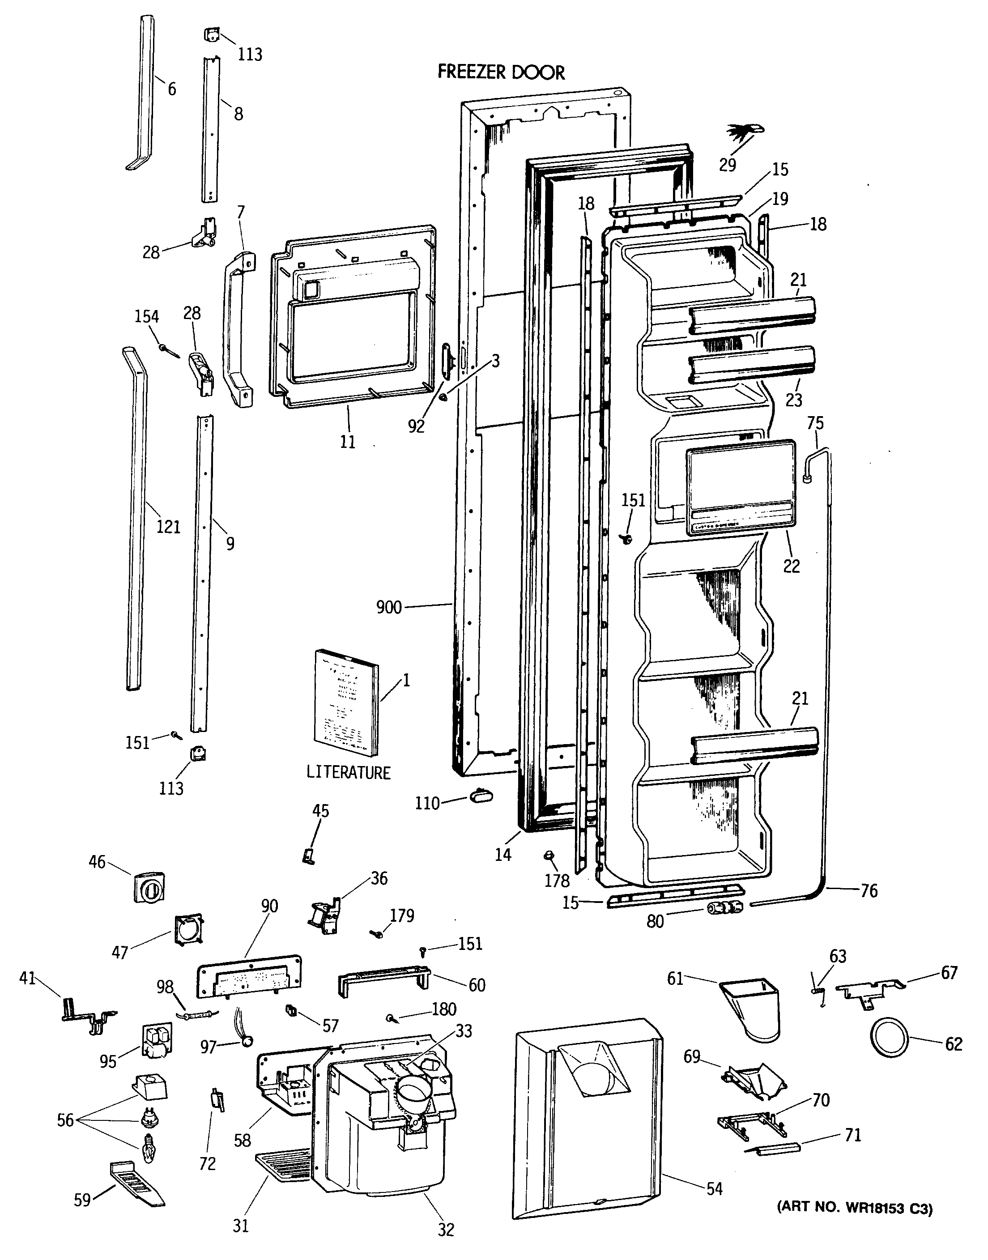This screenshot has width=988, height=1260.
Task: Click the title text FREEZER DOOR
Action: pyautogui.click(x=501, y=72)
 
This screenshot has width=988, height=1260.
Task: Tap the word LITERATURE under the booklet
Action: pyautogui.click(x=348, y=772)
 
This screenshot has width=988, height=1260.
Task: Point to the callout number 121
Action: pyautogui.click(x=168, y=527)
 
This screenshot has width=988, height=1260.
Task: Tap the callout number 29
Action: pyautogui.click(x=728, y=165)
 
